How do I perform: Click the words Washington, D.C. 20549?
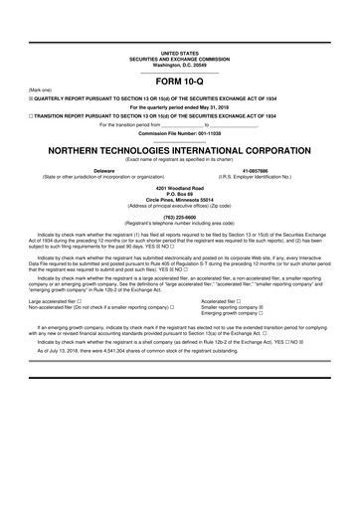(179, 64)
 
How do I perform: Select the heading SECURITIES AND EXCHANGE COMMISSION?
(179, 58)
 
